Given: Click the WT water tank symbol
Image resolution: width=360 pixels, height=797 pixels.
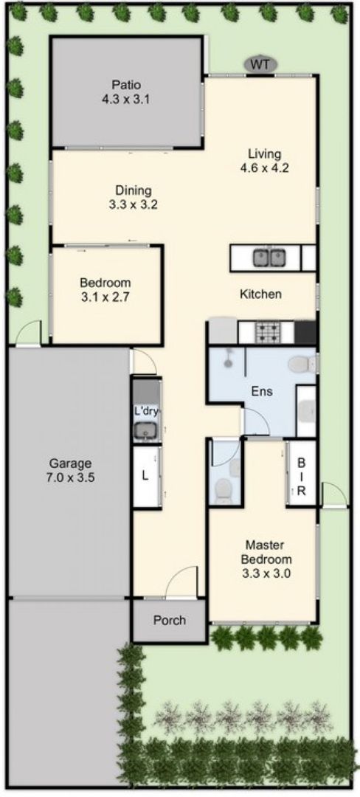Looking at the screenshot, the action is tap(261, 64).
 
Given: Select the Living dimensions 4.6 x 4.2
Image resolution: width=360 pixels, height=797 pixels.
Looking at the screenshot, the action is tap(264, 168).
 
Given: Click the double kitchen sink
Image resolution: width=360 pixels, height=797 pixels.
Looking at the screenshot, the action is tap(269, 258).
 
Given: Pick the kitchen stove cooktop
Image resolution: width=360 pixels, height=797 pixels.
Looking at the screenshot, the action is tap(267, 332).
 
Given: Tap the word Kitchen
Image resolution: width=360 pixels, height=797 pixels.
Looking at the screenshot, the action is tap(260, 294).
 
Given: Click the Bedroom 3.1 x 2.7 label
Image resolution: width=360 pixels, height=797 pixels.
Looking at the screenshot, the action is tap(105, 290).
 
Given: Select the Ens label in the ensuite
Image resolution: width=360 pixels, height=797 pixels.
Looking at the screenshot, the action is tap(262, 391).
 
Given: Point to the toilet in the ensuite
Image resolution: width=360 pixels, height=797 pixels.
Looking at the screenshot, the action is tap(302, 363).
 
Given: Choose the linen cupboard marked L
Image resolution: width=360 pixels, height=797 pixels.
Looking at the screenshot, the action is tap(146, 477).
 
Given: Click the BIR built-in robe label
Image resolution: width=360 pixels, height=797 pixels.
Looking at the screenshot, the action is tap(301, 477).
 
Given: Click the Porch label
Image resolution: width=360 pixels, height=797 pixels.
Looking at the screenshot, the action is tap(170, 620).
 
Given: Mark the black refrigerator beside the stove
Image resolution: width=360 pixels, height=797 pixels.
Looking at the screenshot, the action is tap(305, 332).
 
